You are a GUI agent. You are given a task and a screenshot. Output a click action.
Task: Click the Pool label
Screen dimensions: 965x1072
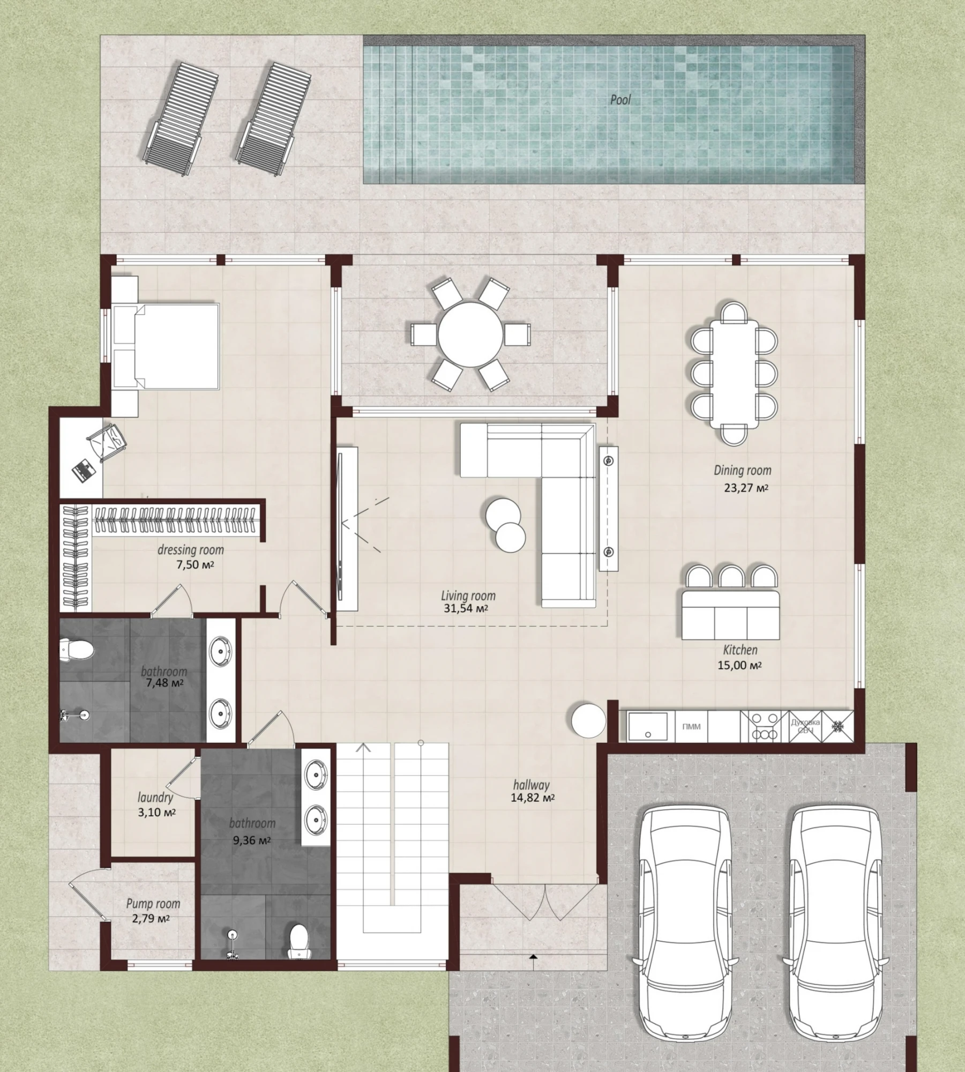click(x=620, y=100)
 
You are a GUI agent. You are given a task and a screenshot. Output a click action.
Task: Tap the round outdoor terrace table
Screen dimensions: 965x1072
click(x=470, y=334)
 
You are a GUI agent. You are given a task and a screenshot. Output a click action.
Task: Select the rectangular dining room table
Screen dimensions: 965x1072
click(x=735, y=374)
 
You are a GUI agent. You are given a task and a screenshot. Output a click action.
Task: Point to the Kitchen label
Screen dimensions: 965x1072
click(x=740, y=650)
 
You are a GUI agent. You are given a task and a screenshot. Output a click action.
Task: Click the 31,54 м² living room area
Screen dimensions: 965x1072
click(x=466, y=608)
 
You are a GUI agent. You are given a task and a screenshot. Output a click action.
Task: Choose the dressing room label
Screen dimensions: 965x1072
click(x=191, y=550)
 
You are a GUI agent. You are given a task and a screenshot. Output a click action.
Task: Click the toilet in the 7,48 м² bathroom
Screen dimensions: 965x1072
click(x=77, y=649)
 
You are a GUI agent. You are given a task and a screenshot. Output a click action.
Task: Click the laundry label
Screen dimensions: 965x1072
click(x=155, y=798)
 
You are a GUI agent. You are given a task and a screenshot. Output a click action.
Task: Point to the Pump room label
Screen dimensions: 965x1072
click(x=153, y=904)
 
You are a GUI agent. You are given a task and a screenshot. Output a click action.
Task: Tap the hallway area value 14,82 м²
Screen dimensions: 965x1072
click(x=532, y=798)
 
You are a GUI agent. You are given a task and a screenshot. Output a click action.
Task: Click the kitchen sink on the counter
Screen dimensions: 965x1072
click(x=648, y=727)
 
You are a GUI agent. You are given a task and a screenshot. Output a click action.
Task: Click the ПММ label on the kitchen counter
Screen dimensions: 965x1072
click(x=691, y=727)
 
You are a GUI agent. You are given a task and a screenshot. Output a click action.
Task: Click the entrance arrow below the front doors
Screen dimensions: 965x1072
click(x=533, y=959)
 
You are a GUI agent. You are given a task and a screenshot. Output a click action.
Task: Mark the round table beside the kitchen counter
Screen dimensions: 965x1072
click(x=588, y=721)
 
